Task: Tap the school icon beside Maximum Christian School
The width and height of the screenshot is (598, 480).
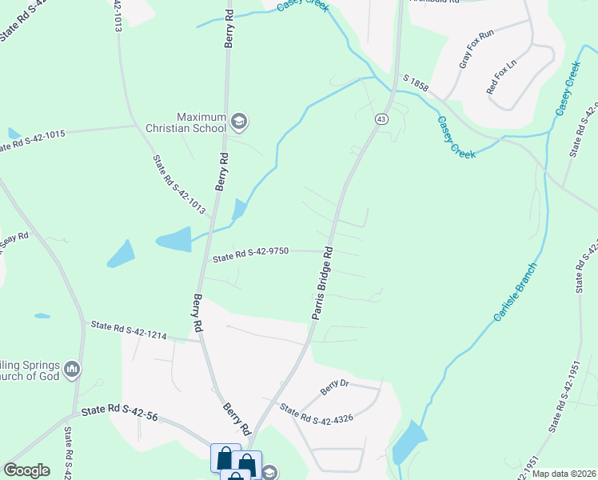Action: click(x=238, y=122)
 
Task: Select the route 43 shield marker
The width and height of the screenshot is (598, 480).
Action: click(x=381, y=118)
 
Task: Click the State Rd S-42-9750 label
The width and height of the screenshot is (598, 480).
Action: click(x=250, y=255)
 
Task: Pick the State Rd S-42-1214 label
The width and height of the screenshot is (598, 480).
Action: click(x=129, y=330)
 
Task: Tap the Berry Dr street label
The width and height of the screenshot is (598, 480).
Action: click(x=335, y=388)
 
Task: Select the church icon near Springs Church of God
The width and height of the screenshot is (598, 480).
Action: click(x=72, y=369)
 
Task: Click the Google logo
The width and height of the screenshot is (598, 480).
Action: click(x=26, y=470)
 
